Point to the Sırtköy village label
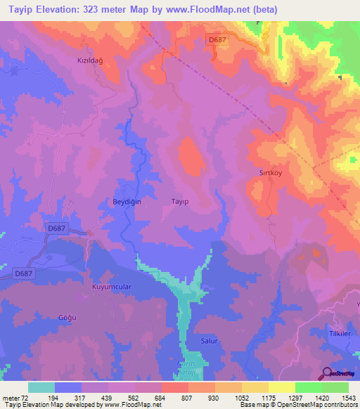pos(262,171)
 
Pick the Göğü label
pos(66,318)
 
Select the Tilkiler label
pos(340,333)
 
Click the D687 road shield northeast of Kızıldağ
pos(217,41)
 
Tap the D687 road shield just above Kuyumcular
pos(23,273)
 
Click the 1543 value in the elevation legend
pos(347,398)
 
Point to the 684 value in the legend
pos(161,398)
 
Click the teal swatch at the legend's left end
pos(41,387)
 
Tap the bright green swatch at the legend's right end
pos(335,387)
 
